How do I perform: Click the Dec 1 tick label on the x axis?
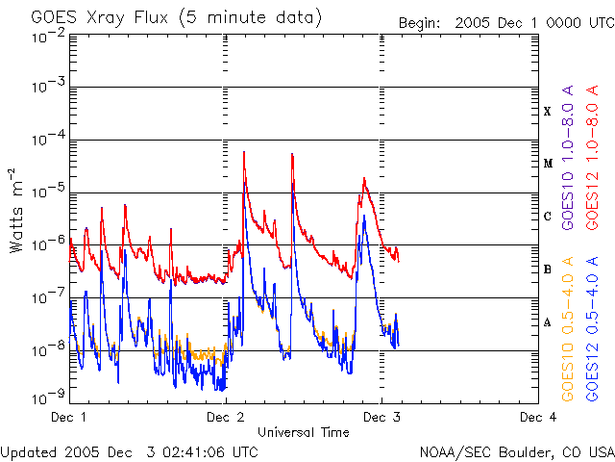point(69,418)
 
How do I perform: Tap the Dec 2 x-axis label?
point(226,418)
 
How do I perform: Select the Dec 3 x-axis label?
point(381,418)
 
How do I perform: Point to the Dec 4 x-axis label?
point(538,418)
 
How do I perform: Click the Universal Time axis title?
point(304,432)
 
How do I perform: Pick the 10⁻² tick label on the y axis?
point(47,36)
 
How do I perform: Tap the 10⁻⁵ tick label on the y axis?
point(47,192)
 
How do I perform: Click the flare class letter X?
point(548,112)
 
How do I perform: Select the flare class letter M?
point(548,164)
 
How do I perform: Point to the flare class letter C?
point(548,217)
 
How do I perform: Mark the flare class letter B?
point(548,269)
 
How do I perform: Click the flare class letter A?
point(548,322)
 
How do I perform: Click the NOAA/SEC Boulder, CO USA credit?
point(516,451)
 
